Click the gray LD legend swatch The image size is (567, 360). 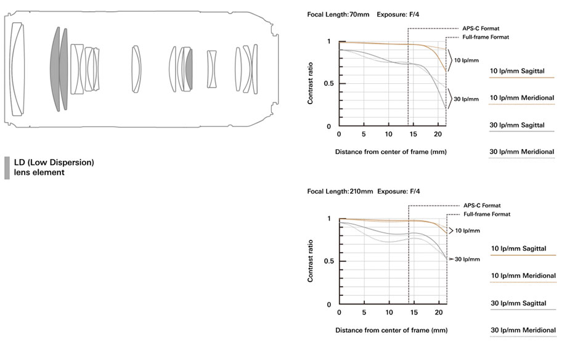7,168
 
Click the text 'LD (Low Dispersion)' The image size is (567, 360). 54,163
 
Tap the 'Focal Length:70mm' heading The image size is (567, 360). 338,14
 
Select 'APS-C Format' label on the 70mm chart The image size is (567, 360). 481,28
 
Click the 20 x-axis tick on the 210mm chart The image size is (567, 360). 438,313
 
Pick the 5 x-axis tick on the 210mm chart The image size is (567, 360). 364,313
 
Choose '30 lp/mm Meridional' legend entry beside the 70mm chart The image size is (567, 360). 521,152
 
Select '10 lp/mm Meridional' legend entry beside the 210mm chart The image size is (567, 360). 523,276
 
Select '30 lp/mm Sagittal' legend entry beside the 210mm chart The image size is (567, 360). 518,303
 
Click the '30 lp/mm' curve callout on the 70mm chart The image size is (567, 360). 466,99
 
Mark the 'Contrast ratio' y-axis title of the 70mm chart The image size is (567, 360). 311,84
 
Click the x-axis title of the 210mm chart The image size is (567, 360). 391,330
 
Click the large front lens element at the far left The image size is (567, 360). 17,68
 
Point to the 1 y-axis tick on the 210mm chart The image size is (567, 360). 329,219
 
